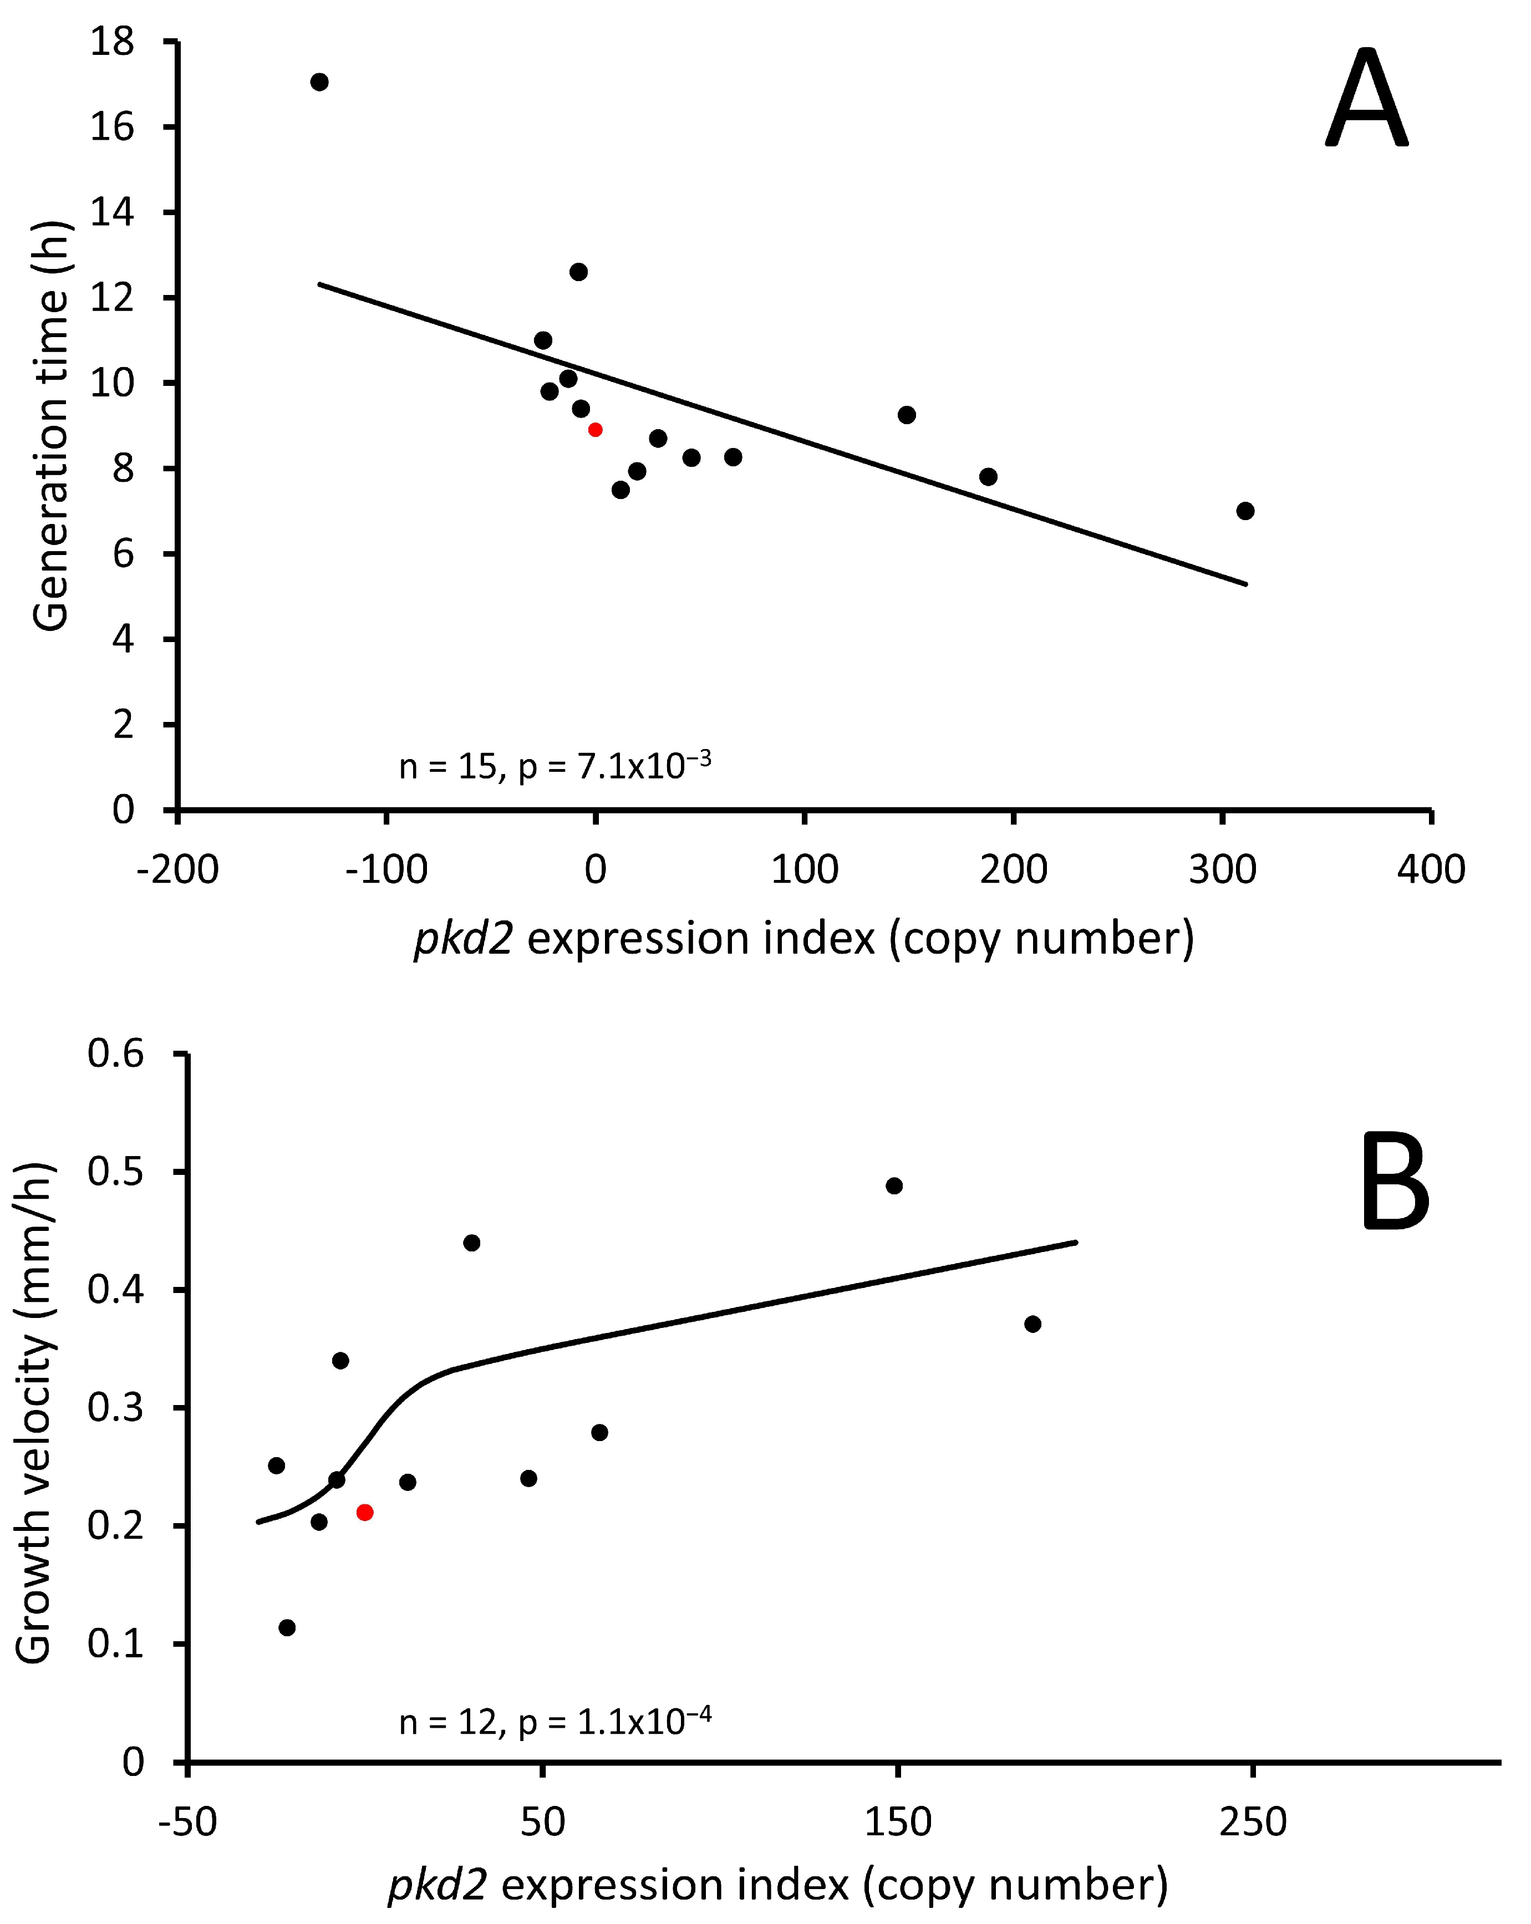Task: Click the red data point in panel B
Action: click(364, 1511)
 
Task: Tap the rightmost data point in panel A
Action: click(1245, 511)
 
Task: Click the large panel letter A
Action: click(1365, 101)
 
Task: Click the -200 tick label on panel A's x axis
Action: click(177, 869)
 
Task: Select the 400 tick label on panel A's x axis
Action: click(1431, 869)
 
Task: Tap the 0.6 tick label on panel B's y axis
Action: click(115, 1054)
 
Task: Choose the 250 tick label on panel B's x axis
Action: click(1253, 1823)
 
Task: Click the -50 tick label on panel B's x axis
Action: click(187, 1823)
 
